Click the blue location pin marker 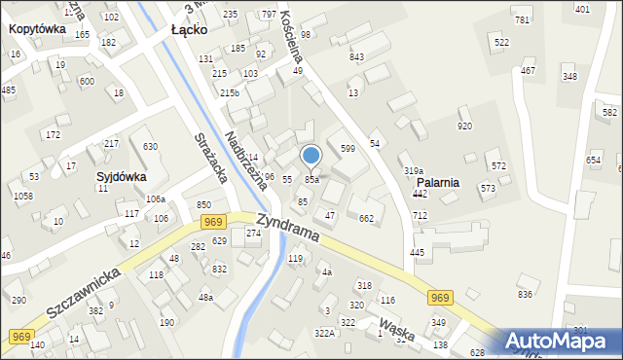[x=311, y=156]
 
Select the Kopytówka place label [x=37, y=29]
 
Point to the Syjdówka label [x=121, y=177]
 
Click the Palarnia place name [x=438, y=182]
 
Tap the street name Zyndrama [x=291, y=231]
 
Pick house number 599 [x=347, y=148]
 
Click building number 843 [x=356, y=56]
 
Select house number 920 [x=464, y=126]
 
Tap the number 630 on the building [x=150, y=147]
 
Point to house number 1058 [x=22, y=196]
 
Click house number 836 [x=525, y=294]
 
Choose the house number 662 [x=366, y=219]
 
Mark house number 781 [x=522, y=20]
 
